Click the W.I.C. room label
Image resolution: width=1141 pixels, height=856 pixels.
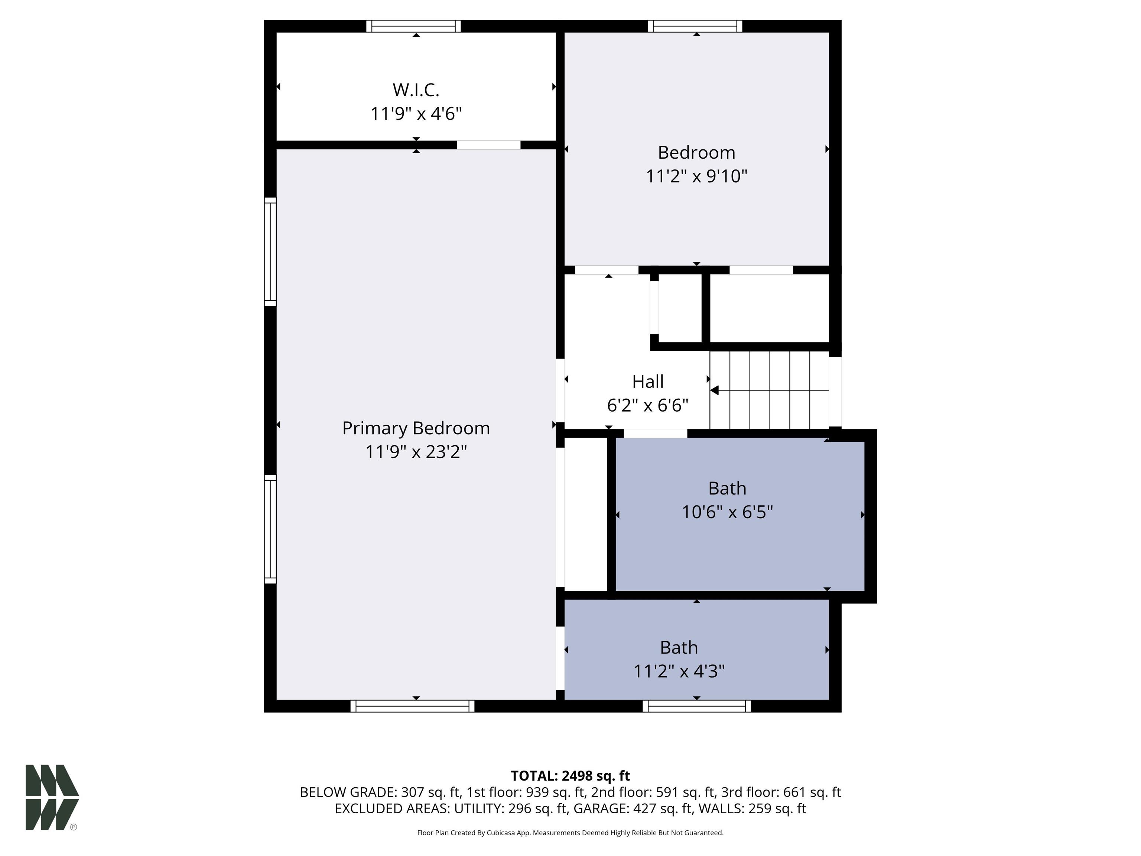click(416, 90)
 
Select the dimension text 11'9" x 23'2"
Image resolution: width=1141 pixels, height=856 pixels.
click(416, 452)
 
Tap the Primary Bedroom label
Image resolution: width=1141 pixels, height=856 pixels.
click(416, 428)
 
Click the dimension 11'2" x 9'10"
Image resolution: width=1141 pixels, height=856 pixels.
click(696, 176)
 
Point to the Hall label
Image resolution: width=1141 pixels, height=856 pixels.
click(648, 382)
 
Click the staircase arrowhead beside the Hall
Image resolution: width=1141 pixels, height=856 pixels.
click(714, 390)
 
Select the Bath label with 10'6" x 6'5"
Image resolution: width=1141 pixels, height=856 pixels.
click(727, 488)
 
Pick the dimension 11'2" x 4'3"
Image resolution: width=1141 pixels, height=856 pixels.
click(679, 671)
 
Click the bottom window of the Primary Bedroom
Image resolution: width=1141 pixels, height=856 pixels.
click(412, 706)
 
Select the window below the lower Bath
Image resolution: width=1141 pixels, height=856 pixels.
click(696, 706)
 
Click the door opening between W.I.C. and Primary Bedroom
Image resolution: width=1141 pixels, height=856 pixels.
click(488, 145)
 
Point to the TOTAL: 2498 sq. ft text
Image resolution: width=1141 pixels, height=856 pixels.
click(570, 775)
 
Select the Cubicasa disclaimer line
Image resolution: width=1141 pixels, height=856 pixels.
click(570, 833)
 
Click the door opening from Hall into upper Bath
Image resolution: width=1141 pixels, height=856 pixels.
click(655, 434)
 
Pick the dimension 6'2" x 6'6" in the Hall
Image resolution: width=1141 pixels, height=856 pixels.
click(647, 406)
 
